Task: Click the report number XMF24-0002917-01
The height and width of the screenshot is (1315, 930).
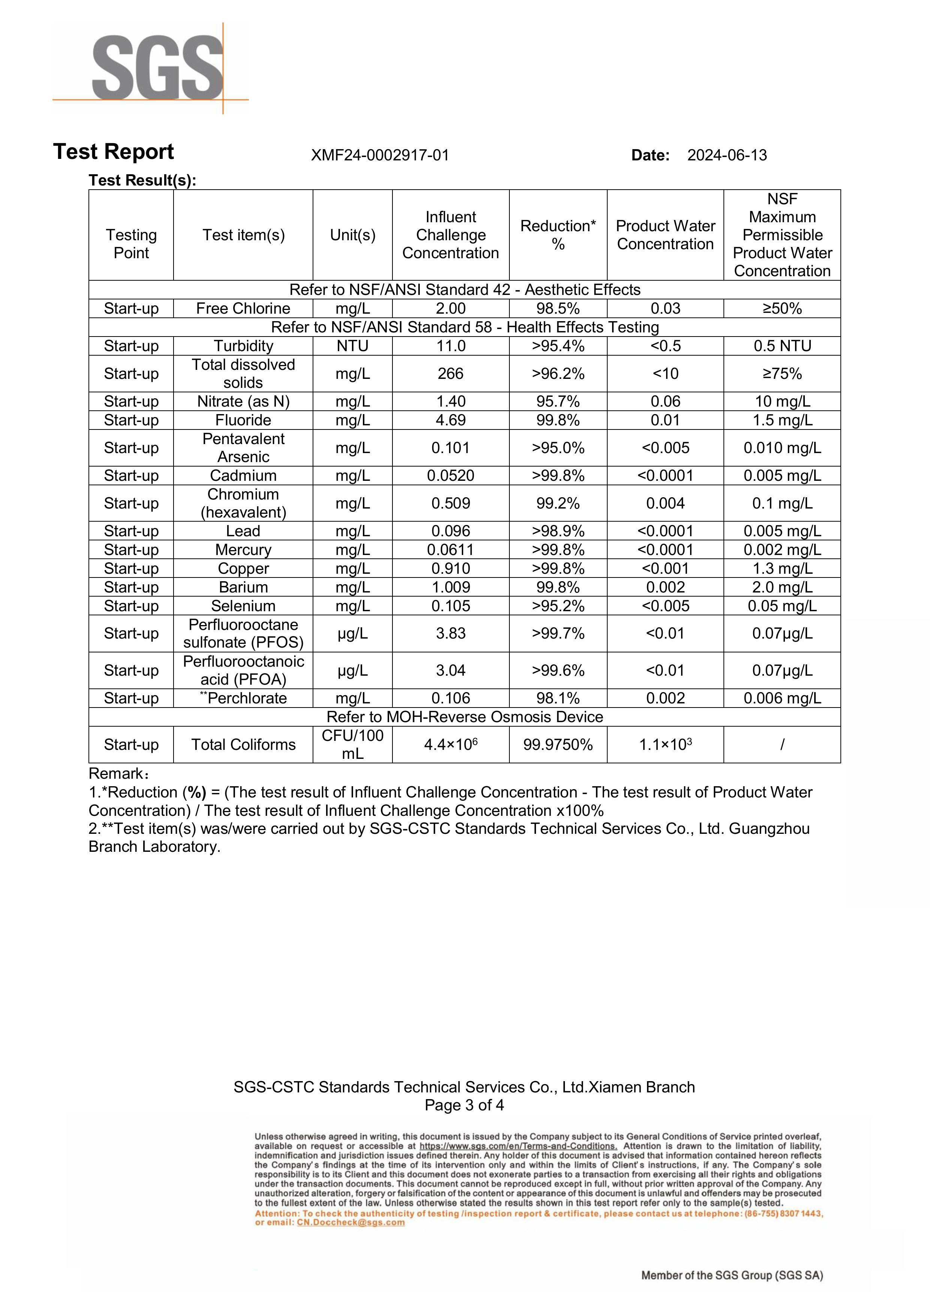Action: (x=380, y=155)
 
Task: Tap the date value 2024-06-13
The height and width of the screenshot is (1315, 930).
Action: (x=726, y=155)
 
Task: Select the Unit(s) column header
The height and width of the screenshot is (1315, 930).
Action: (x=352, y=235)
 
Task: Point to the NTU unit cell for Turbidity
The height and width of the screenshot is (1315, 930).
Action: (x=352, y=346)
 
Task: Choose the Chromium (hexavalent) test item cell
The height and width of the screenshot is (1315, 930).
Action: (x=243, y=503)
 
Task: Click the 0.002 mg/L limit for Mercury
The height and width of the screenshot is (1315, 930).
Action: (x=782, y=550)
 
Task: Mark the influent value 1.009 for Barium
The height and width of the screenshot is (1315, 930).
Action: (x=451, y=587)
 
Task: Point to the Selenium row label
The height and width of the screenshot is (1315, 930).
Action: (x=243, y=606)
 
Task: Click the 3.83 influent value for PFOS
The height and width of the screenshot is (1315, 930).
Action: (x=451, y=633)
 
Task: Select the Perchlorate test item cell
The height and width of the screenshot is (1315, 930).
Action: (x=243, y=698)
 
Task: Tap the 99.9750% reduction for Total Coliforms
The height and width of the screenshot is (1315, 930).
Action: (x=557, y=745)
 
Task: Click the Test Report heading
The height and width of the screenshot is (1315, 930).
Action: (x=114, y=152)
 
